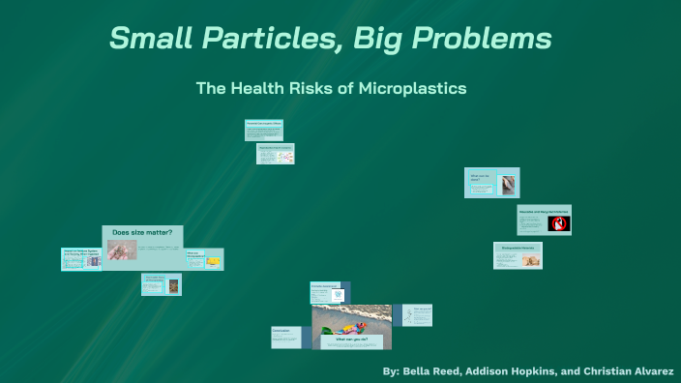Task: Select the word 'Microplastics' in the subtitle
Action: [x=413, y=88]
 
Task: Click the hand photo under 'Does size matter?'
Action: [x=122, y=251]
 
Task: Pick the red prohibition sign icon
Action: [x=558, y=223]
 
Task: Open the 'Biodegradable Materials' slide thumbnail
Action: [x=518, y=255]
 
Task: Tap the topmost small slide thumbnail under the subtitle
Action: [x=263, y=130]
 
